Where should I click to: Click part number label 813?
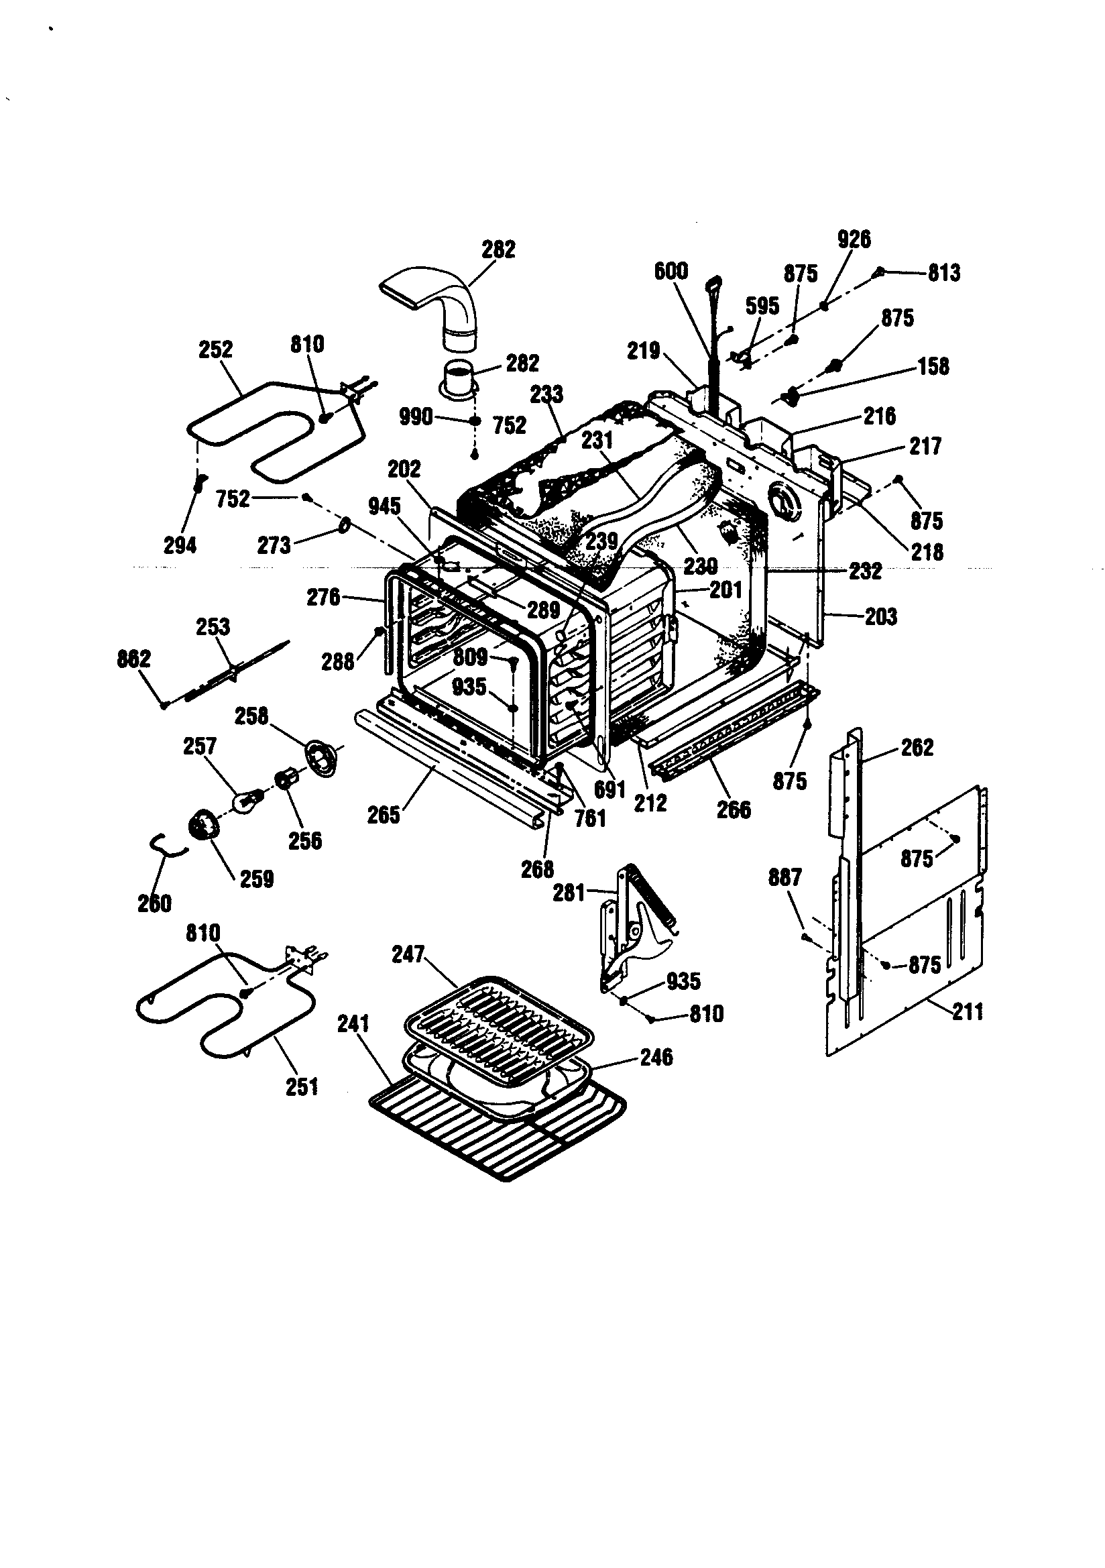coord(944,273)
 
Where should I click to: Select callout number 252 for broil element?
coord(215,349)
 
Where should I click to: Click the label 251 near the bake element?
coord(302,1086)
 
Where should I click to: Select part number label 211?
coord(968,1011)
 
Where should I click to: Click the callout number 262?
coord(917,748)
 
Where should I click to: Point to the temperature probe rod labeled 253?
coord(232,673)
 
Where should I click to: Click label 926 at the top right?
coord(854,239)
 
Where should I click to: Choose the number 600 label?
coord(671,271)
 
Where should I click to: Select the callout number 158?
coord(933,366)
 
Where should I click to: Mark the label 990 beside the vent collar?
coord(415,416)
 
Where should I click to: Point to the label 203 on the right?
coord(880,617)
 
